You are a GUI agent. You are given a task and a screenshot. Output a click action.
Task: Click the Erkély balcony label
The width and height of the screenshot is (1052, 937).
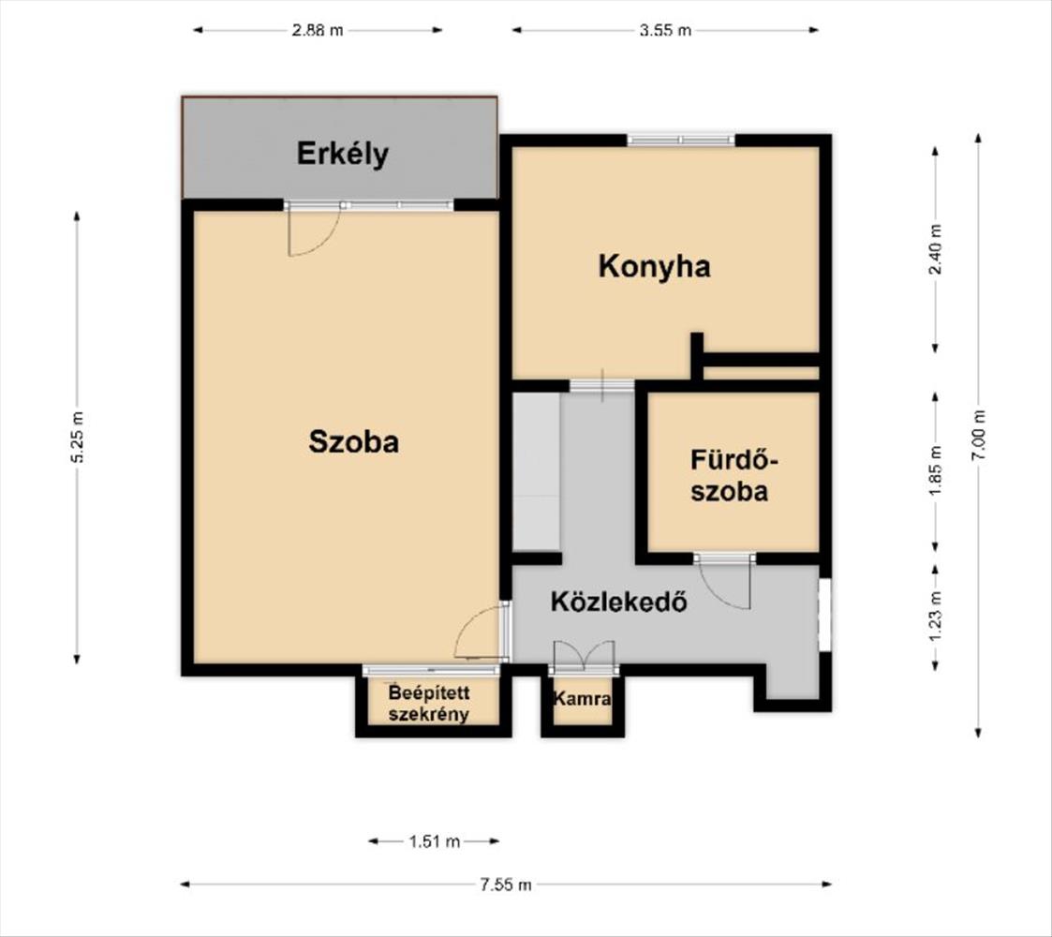(x=343, y=155)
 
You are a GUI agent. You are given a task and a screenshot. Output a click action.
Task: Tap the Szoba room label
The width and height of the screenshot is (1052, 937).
(x=353, y=441)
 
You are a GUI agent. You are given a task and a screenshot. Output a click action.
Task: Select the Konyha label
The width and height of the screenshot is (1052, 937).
(x=654, y=267)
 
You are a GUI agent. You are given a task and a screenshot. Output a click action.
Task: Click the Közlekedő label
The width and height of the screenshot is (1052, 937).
(x=619, y=601)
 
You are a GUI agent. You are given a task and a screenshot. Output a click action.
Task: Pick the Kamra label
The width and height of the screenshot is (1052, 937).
(x=582, y=699)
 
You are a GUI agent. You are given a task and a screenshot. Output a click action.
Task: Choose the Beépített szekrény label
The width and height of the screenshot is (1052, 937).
(x=429, y=704)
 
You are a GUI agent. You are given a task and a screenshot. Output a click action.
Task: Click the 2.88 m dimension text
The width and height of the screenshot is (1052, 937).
(x=318, y=30)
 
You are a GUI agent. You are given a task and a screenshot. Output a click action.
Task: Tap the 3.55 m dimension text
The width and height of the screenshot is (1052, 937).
(x=665, y=30)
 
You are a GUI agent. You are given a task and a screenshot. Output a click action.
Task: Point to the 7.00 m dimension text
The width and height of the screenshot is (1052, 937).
(x=979, y=434)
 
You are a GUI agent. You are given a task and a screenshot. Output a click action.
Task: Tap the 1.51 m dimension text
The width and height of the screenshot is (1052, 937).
(x=435, y=841)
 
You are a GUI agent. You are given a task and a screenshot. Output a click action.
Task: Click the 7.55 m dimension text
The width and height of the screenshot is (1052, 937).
(x=505, y=885)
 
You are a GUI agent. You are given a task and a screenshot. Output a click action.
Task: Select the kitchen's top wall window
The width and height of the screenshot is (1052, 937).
(x=681, y=141)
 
